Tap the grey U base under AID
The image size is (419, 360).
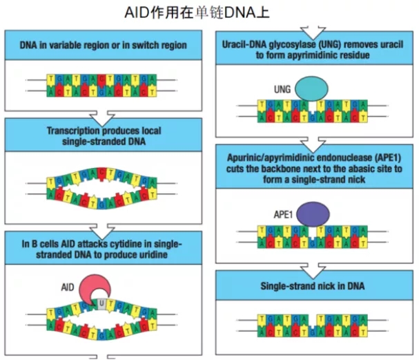[x=102, y=303]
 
